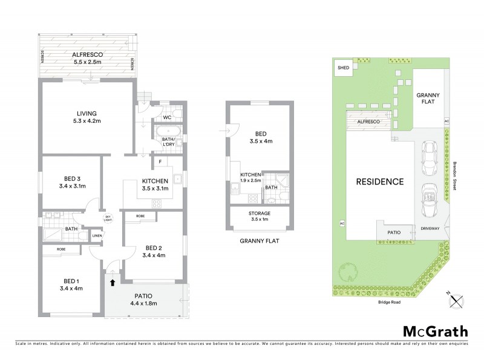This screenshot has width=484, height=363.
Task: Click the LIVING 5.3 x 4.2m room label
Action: (x=87, y=117)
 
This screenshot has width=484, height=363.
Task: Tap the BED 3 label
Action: (x=74, y=182)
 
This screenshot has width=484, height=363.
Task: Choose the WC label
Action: (x=168, y=117)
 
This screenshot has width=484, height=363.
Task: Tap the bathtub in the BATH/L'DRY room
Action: (x=167, y=130)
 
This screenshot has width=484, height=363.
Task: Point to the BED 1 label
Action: (x=71, y=284)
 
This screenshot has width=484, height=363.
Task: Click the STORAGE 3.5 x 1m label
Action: (x=260, y=217)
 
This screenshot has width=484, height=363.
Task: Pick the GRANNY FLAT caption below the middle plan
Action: (x=259, y=241)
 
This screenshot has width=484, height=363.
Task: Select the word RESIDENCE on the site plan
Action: (x=379, y=181)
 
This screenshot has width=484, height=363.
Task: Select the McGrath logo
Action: (x=435, y=331)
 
